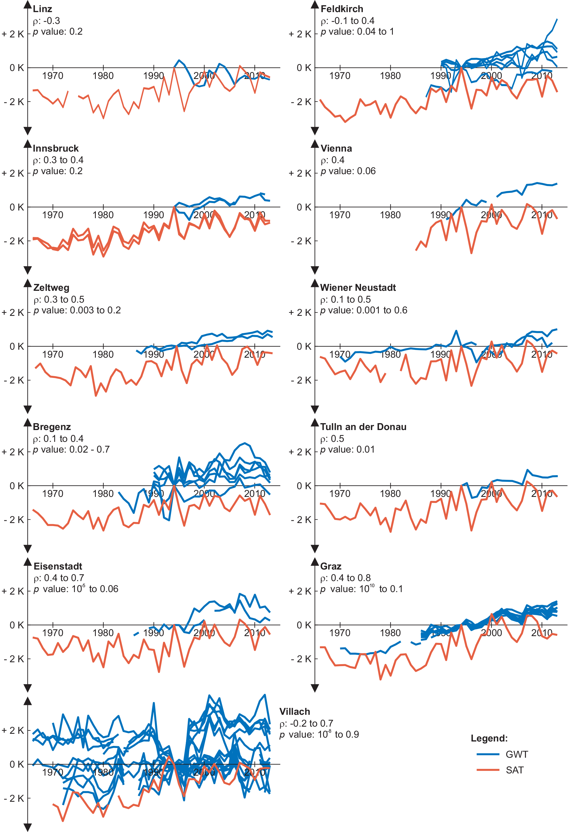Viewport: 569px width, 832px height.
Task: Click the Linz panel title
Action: coord(42,9)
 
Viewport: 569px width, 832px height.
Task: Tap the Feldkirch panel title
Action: coord(342,9)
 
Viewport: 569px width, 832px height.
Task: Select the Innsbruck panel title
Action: coord(56,148)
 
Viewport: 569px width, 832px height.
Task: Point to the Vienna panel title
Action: coord(336,148)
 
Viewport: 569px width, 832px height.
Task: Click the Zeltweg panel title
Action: coord(51,288)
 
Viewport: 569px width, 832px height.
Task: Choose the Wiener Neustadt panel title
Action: coord(358,288)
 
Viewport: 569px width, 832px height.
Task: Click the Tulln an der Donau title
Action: coord(363,427)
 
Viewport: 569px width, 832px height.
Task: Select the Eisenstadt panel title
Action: coord(58,566)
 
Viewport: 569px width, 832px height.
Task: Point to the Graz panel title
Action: coord(331,566)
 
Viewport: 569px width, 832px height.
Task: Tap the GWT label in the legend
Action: coord(516,754)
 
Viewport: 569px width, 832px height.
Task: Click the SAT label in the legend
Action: coord(514,770)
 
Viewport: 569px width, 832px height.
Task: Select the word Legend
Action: coord(489,738)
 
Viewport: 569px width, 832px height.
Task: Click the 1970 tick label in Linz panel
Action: coord(53,76)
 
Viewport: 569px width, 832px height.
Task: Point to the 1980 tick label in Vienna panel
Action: coord(390,215)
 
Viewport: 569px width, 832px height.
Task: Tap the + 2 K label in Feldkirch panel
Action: coord(300,34)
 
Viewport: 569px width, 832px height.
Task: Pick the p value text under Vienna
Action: coord(348,171)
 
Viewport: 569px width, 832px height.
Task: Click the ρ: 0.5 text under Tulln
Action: coord(332,439)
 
